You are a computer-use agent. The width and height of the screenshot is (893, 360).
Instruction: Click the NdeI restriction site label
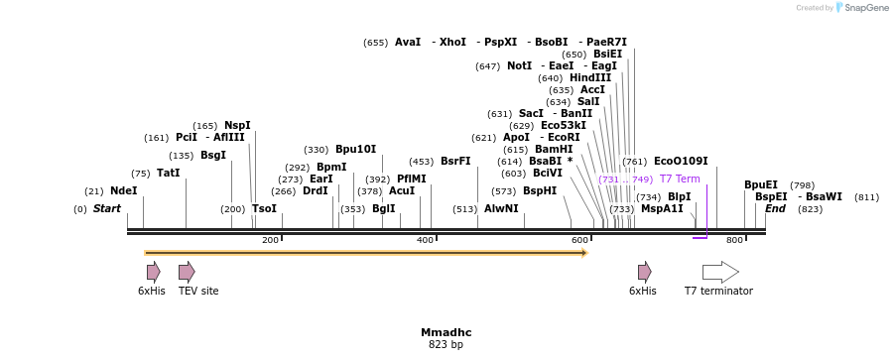tap(124, 191)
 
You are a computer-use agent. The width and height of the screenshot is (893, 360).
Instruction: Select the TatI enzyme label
tap(169, 174)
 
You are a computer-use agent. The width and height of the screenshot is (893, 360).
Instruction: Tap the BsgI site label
tap(213, 156)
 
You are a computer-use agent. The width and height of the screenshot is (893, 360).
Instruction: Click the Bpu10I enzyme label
tap(355, 150)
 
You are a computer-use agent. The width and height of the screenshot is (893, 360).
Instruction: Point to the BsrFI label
tap(455, 162)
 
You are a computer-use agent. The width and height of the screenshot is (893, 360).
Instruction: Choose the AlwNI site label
tap(501, 209)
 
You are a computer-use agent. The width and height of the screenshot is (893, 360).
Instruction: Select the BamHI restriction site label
tap(554, 150)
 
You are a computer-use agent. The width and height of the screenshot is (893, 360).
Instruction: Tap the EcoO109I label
tap(681, 162)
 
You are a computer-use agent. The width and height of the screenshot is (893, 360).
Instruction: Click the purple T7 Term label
tap(680, 180)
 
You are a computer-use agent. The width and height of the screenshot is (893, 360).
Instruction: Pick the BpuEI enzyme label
tap(761, 185)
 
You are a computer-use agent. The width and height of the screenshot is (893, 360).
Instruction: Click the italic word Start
tap(107, 209)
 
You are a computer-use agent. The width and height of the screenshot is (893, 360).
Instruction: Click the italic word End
tap(775, 209)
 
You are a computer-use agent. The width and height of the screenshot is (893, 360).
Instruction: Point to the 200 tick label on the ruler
tap(270, 241)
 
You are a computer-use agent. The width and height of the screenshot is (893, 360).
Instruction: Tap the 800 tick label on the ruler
tap(735, 241)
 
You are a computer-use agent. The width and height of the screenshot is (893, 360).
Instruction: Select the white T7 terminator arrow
tap(720, 272)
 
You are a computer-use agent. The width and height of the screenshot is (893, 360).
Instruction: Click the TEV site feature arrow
tap(187, 272)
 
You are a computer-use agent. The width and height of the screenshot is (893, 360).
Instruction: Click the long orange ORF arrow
tap(366, 253)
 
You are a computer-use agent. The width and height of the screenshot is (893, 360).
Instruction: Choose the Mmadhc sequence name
tap(446, 332)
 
